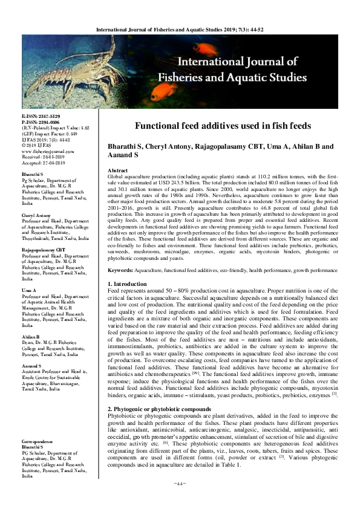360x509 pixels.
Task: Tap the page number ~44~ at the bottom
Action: point(179,484)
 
